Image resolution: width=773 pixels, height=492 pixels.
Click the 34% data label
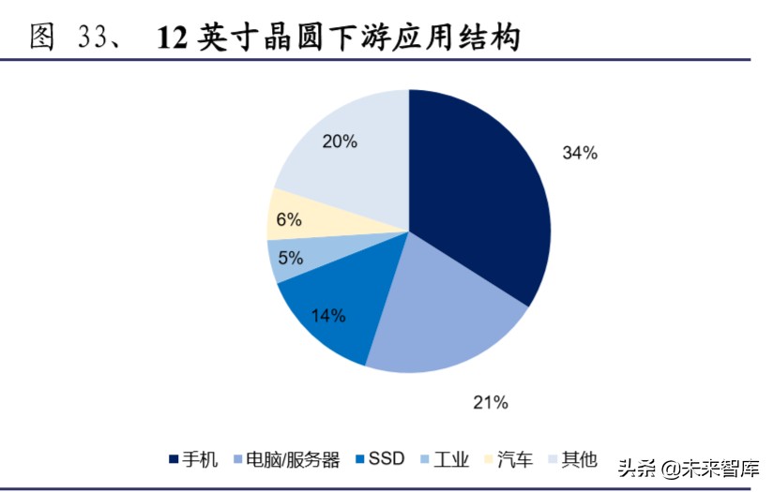point(580,153)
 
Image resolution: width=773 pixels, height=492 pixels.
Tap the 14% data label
point(327,316)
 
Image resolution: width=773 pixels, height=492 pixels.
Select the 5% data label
point(290,259)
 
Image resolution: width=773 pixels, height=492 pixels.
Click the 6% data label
point(289,220)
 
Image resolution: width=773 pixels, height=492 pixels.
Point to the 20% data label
point(340,142)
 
